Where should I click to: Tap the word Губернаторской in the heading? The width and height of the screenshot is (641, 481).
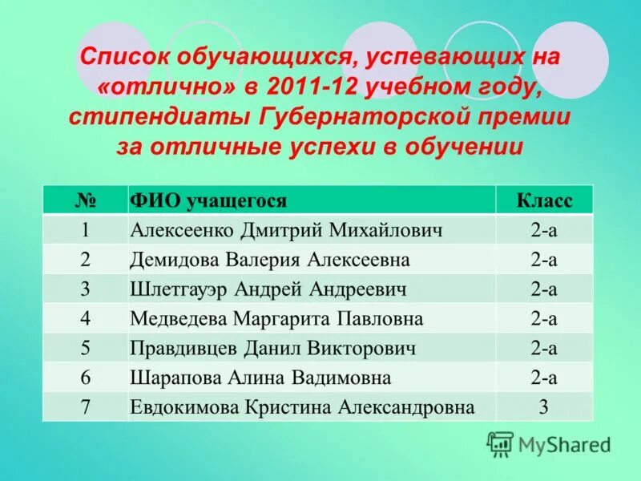(x=348, y=117)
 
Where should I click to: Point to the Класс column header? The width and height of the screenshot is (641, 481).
(x=544, y=200)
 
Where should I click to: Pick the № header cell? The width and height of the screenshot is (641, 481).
(x=85, y=200)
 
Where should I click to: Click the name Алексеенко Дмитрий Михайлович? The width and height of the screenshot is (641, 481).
(x=286, y=230)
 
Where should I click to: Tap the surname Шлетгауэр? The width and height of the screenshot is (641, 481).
(x=178, y=289)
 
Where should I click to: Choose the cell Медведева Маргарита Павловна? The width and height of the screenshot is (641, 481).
(x=276, y=319)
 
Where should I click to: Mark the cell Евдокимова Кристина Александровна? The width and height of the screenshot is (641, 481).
(x=302, y=407)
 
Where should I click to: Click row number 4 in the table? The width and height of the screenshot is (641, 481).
(x=85, y=319)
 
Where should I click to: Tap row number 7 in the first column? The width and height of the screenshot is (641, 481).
(x=85, y=407)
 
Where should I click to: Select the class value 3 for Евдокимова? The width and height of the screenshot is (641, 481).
(x=544, y=407)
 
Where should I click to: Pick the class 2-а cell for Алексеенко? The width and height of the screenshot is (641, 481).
(x=544, y=230)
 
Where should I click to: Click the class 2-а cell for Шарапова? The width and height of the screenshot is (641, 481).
(x=544, y=378)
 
